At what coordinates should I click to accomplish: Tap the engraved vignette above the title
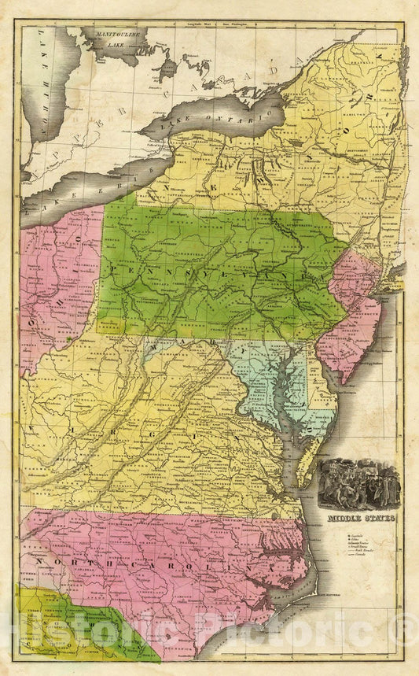click(359, 483)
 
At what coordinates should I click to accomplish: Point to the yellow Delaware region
click(323, 393)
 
